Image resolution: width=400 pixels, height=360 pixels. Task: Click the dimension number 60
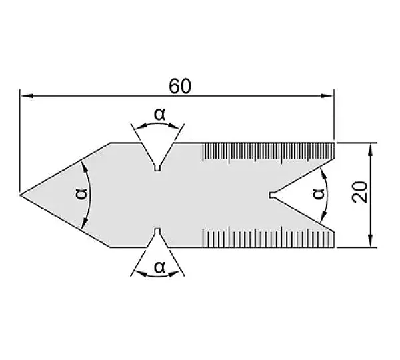tap(180, 86)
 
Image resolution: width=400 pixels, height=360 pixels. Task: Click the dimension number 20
tap(360, 192)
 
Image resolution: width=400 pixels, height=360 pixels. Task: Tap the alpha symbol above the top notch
tap(160, 114)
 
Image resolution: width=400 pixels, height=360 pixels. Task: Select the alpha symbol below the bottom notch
tap(160, 267)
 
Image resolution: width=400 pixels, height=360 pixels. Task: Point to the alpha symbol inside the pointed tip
tap(81, 194)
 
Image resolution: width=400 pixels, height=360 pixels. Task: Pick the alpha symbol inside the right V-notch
tap(319, 193)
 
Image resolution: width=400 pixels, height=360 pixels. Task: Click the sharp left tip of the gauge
tap(20, 195)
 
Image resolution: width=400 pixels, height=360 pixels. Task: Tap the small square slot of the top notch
tap(157, 168)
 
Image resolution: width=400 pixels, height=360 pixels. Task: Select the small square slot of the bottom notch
tap(157, 231)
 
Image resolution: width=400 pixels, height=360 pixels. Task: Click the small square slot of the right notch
tap(273, 195)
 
